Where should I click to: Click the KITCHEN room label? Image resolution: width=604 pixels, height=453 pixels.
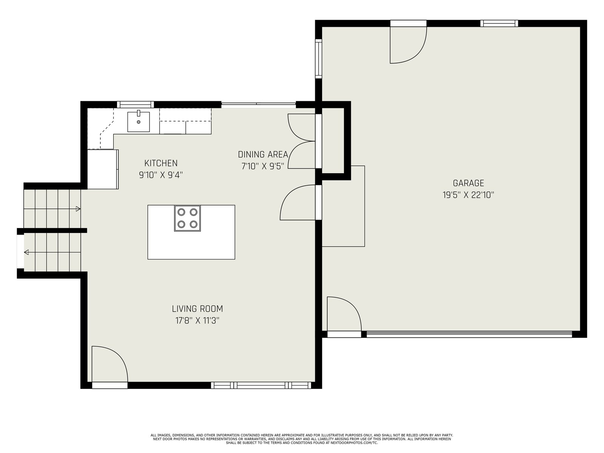click(161, 163)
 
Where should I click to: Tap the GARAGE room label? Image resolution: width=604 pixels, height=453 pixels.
click(468, 183)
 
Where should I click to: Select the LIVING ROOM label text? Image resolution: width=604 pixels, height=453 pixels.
click(197, 308)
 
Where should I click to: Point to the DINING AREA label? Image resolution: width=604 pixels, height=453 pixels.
click(263, 154)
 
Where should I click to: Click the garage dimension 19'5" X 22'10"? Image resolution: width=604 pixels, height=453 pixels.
click(468, 195)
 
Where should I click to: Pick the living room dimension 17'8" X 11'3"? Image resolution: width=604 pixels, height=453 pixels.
click(197, 320)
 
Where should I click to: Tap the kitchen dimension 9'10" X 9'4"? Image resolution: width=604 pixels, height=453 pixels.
click(161, 175)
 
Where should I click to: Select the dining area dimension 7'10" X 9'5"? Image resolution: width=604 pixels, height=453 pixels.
click(263, 166)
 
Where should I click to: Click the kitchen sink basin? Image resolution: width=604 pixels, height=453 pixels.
click(139, 122)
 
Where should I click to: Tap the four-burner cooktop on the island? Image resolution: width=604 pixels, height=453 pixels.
click(187, 219)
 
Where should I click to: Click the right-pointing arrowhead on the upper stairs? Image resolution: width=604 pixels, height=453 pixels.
click(78, 209)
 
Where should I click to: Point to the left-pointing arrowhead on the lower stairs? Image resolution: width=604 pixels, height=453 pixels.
click(26, 252)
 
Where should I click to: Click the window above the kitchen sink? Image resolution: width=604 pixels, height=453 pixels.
click(136, 105)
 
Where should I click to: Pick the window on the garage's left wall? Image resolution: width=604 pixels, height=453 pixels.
click(318, 59)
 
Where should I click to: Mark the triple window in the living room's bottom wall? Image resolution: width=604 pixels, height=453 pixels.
click(261, 385)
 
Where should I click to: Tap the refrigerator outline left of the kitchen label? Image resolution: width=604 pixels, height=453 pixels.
click(103, 169)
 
